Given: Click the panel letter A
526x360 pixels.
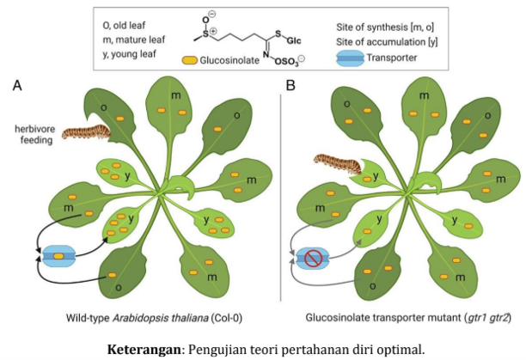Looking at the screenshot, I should tap(17, 86).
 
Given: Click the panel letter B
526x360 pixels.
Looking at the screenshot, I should tap(290, 86).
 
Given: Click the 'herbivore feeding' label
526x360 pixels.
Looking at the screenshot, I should tap(36, 135).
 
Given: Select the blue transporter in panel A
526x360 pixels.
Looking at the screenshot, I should tap(58, 255).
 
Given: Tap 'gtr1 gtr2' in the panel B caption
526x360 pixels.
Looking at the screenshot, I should tap(486, 317).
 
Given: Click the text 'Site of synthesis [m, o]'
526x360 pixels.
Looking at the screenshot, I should tap(383, 27).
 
